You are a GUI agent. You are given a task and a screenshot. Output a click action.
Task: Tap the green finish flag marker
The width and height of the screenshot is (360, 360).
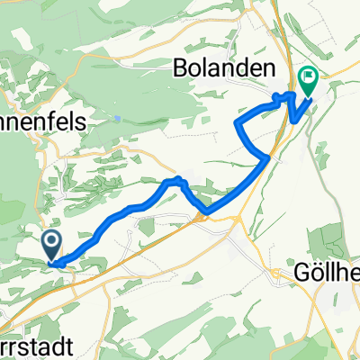tap(309, 83)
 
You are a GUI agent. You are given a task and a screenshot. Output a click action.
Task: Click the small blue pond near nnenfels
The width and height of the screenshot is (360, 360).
tap(118, 118)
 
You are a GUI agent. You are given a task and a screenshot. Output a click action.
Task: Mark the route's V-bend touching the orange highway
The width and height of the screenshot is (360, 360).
tap(207, 213)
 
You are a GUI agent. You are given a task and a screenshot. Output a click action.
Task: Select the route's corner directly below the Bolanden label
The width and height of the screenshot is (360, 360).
tap(237, 122)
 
